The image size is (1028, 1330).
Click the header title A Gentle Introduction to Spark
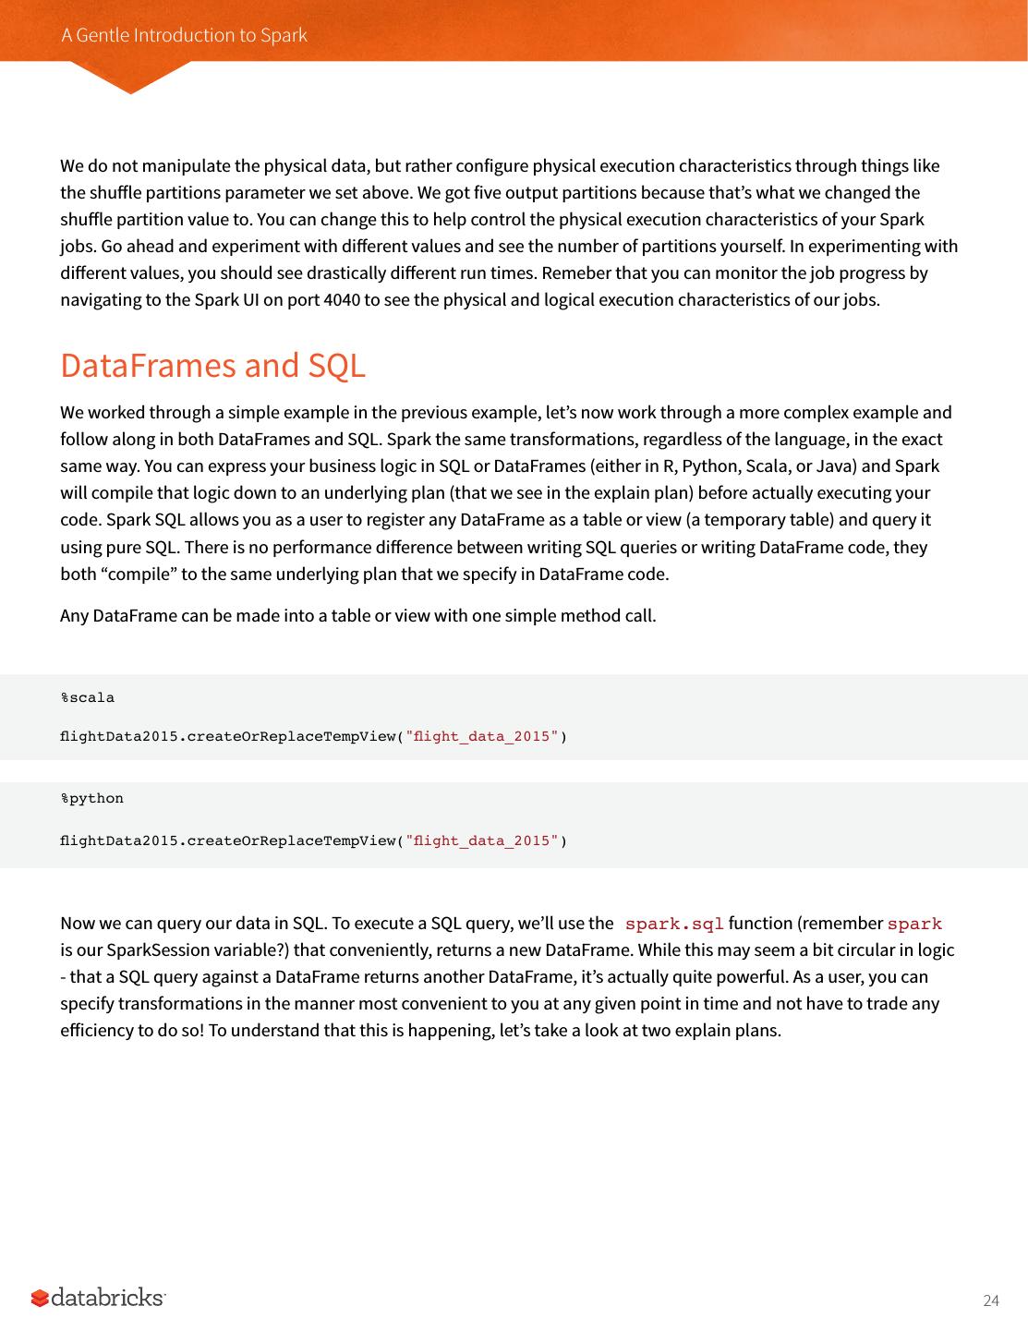point(184,35)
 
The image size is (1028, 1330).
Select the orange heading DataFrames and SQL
point(212,366)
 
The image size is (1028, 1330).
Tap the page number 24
point(990,1300)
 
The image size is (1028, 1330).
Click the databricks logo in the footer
point(98,1298)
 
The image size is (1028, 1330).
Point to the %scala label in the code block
point(88,697)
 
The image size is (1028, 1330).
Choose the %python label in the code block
point(91,798)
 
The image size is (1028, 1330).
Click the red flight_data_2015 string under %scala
point(482,736)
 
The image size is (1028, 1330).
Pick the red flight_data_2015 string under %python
point(482,840)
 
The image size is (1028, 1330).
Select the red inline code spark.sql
point(673,924)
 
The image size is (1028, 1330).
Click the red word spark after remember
point(913,924)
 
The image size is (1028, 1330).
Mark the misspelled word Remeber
point(573,273)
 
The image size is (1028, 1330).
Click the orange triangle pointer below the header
point(130,78)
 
